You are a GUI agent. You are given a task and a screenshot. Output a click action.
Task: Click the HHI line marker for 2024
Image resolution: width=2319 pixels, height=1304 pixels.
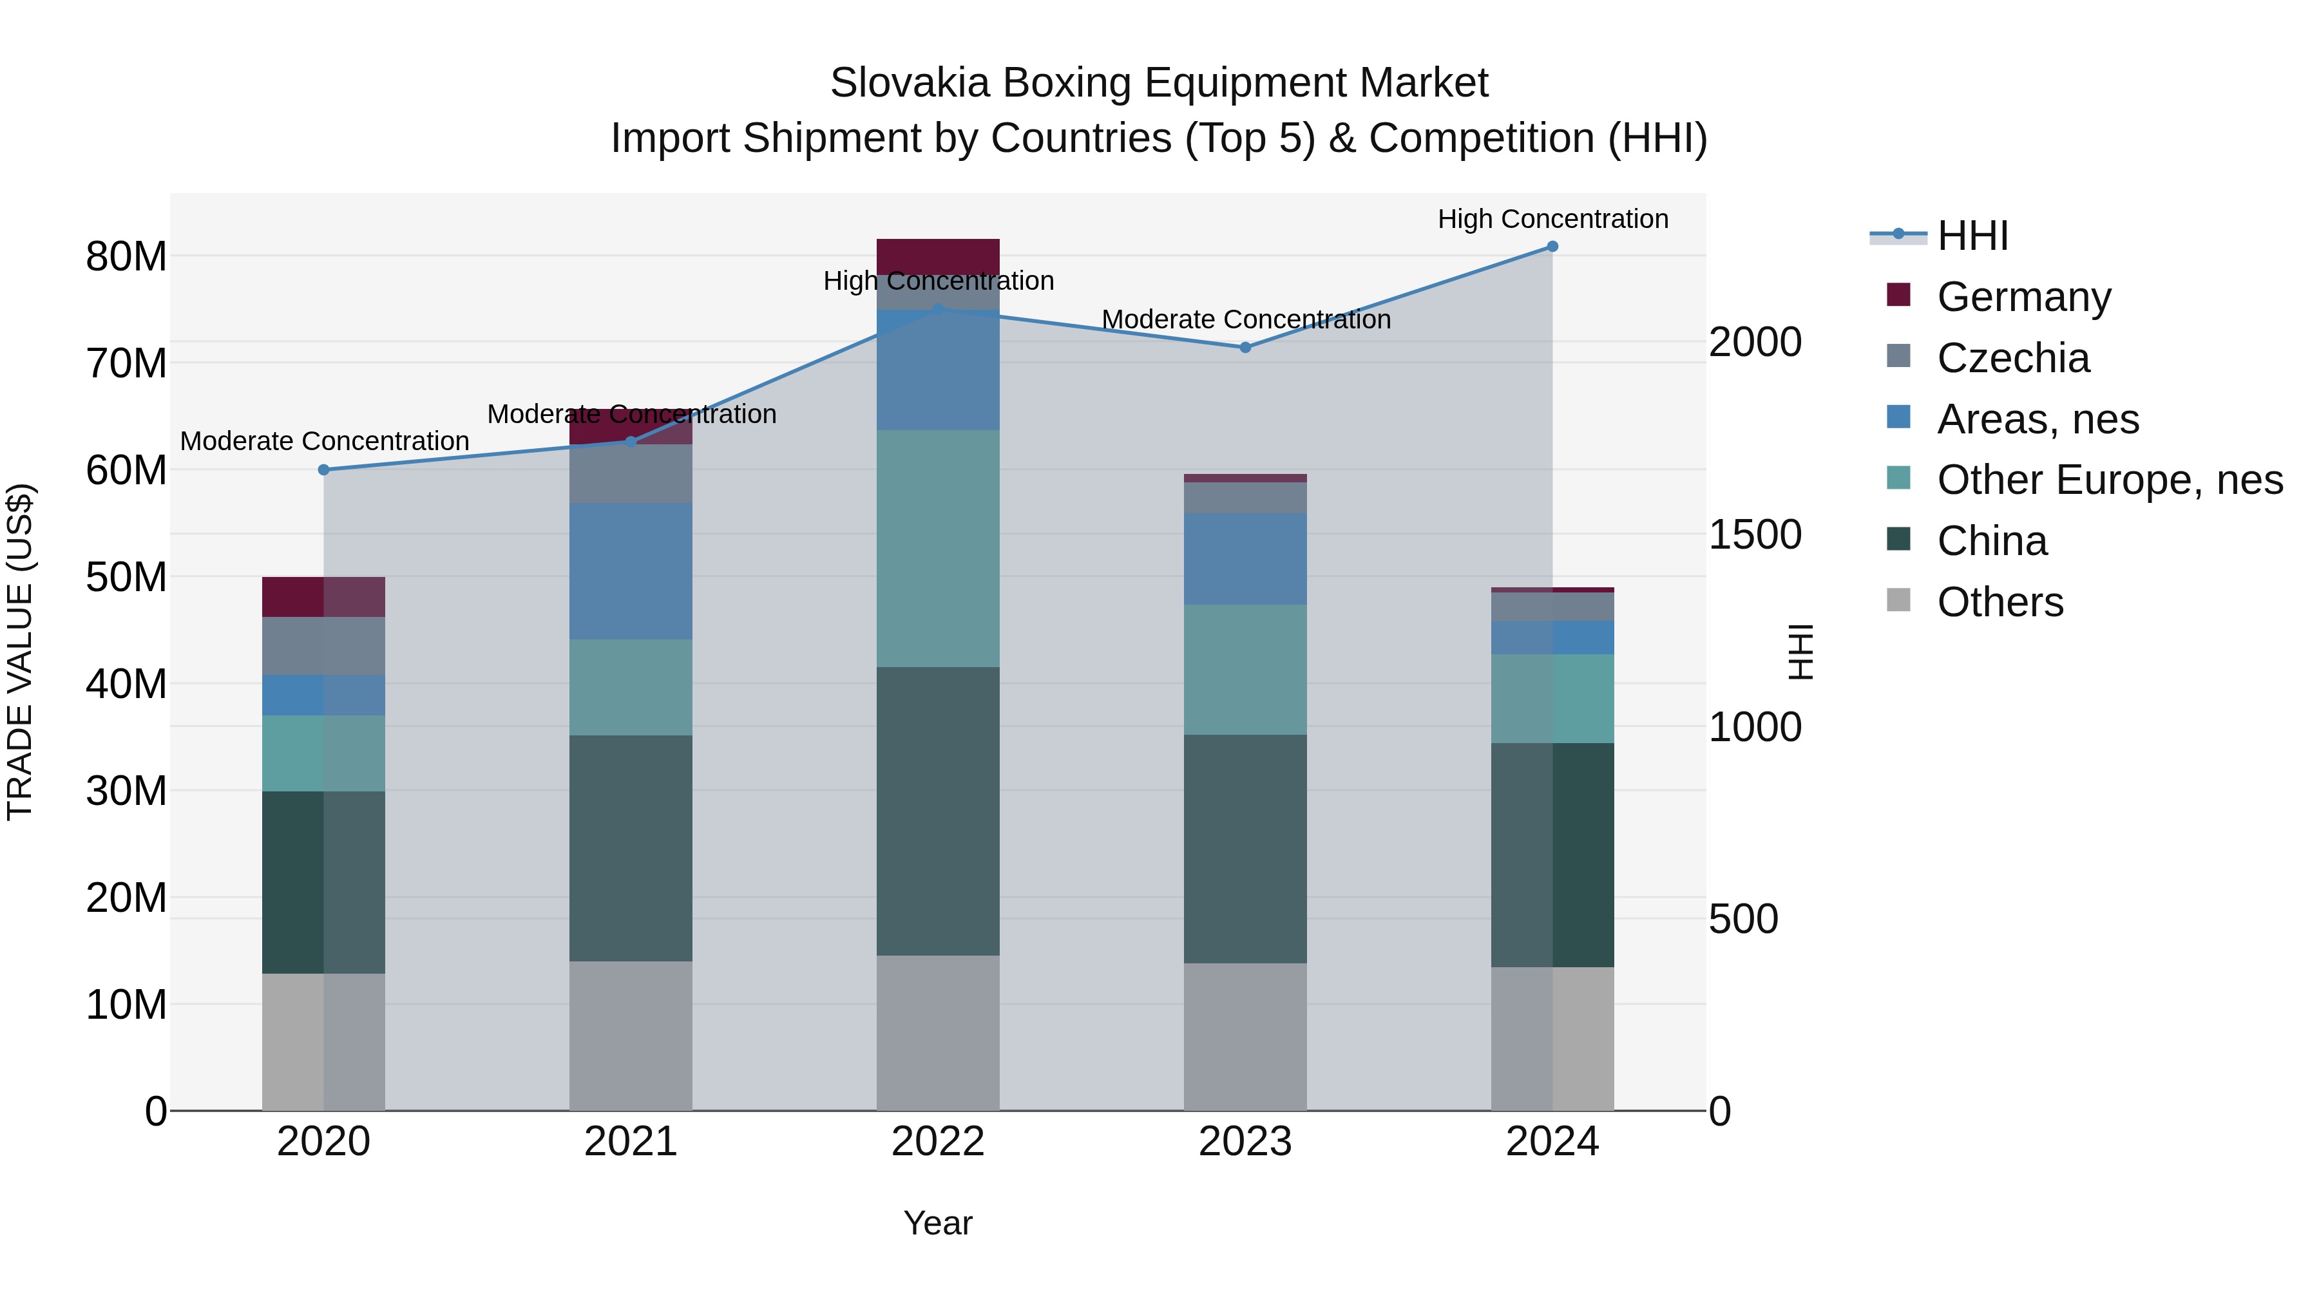(1552, 247)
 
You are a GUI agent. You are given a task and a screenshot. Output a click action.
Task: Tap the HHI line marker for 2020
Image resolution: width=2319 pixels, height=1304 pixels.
(324, 470)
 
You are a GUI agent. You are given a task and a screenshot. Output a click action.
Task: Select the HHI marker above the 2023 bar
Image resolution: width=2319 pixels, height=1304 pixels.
(1245, 347)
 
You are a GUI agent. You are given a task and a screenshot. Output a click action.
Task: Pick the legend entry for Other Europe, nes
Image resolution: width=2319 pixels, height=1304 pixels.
(2109, 480)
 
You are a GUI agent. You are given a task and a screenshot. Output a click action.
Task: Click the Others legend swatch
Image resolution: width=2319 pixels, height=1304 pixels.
(1898, 600)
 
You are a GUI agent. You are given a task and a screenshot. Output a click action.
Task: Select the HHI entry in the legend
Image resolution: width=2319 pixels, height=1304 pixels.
(1972, 236)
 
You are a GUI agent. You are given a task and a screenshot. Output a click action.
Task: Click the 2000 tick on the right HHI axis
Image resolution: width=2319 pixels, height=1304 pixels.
(1755, 342)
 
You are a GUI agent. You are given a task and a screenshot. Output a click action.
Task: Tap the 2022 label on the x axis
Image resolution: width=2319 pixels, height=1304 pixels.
(938, 1142)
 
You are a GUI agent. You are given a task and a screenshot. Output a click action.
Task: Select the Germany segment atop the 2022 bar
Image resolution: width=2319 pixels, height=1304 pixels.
(938, 256)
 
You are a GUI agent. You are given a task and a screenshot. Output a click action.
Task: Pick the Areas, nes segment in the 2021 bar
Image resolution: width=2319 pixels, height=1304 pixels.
(630, 571)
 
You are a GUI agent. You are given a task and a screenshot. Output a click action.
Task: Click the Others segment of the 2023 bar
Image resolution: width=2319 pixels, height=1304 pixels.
(1245, 1037)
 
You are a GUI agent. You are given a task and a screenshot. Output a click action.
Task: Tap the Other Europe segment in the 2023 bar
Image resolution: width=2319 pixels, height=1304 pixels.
(1245, 670)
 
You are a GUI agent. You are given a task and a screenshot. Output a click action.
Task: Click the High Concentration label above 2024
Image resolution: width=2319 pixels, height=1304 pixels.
(1552, 219)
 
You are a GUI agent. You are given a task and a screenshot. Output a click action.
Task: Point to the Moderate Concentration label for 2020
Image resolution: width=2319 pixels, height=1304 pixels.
(324, 441)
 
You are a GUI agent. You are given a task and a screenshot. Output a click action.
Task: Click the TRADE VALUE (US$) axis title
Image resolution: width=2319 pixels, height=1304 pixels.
(20, 652)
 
